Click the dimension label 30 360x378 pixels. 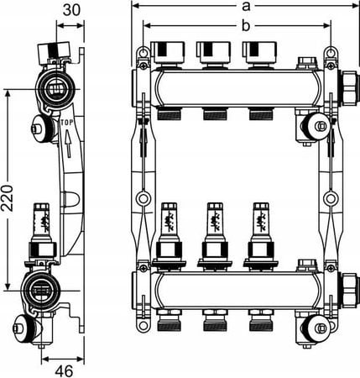point(71,10)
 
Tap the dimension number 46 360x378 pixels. point(64,371)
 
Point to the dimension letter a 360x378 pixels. point(246,6)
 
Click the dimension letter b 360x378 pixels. point(246,26)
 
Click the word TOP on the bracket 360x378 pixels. point(67,123)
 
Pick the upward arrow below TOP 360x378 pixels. point(68,144)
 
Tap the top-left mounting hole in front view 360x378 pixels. point(143,52)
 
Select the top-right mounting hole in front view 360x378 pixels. point(331,52)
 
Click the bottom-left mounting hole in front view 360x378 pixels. point(143,326)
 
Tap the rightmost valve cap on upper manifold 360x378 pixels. point(260,53)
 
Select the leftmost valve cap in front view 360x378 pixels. point(168,53)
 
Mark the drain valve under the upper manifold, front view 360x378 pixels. point(313,126)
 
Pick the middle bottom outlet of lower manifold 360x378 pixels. point(215,320)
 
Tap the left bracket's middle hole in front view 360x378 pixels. point(143,199)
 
